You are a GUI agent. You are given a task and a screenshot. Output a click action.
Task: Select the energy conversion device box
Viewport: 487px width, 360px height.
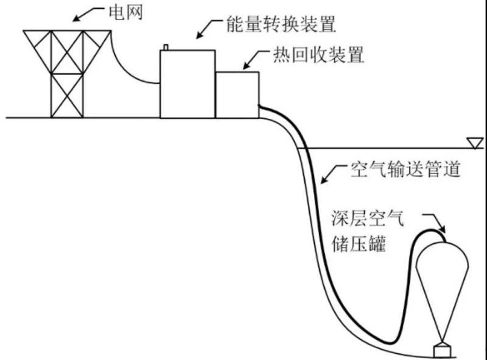(x=187, y=84)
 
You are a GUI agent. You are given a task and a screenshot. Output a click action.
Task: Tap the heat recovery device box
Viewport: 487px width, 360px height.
(x=237, y=94)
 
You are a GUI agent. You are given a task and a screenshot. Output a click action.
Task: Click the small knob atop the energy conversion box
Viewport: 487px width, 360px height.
(x=165, y=46)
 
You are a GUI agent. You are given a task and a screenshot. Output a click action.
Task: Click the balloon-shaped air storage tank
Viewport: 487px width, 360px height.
(x=442, y=280)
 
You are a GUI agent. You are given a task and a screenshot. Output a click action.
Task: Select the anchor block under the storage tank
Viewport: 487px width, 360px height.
(x=442, y=351)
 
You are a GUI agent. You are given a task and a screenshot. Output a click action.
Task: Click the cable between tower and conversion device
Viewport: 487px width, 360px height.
(x=134, y=70)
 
